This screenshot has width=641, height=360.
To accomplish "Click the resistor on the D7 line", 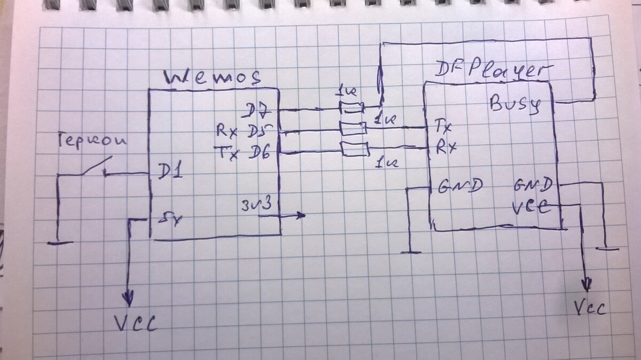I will click(x=353, y=109).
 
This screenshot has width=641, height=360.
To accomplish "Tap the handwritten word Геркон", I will click(x=91, y=141).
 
